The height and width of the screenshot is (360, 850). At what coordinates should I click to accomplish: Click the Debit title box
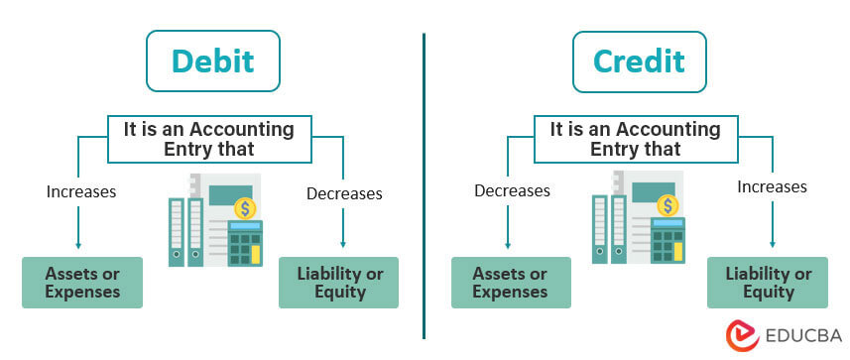coord(212,61)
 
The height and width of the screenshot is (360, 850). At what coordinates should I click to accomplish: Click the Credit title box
coord(638,61)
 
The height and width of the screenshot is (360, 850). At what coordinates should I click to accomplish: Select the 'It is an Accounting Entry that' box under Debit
coord(208,139)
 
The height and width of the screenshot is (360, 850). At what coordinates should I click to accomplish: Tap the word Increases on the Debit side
coord(81,191)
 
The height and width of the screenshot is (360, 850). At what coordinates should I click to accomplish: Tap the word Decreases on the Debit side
coord(343,193)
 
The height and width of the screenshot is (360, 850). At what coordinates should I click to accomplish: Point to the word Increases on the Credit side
coord(772,186)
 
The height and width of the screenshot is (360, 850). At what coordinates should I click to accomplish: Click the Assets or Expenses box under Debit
coord(82,283)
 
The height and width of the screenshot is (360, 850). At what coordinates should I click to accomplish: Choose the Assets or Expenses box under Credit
coord(511,283)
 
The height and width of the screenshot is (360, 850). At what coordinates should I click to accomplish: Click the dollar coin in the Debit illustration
coord(244,208)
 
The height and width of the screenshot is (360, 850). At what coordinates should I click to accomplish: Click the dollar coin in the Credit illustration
coord(669,206)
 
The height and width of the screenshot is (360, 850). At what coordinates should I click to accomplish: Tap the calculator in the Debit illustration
coord(245,243)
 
